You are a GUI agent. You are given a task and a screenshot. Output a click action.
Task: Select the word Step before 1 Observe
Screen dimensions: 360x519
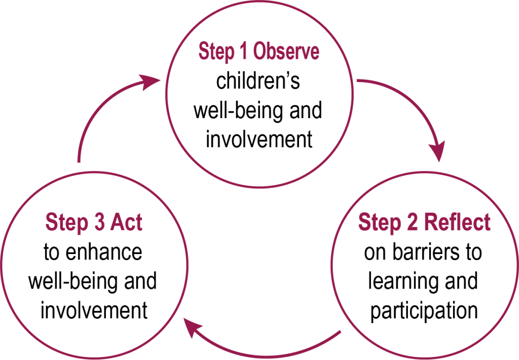click(216, 52)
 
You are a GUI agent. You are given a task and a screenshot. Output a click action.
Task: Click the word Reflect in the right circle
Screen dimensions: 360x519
click(457, 223)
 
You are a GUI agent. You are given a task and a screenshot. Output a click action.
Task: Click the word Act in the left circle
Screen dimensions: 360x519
click(127, 223)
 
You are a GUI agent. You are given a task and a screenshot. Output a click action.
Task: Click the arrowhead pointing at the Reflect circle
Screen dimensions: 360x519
click(437, 151)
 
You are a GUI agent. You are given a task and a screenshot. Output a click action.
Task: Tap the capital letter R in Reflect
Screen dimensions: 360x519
click(431, 223)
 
